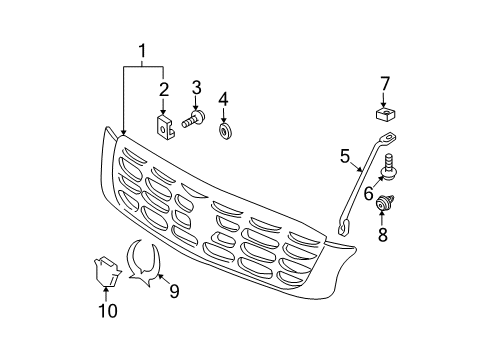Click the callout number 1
142,50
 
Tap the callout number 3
197,86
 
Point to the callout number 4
224,98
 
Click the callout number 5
345,155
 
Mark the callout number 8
383,236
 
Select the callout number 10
107,311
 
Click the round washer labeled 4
224,130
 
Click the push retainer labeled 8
383,207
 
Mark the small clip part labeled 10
104,269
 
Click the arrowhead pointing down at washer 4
224,118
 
